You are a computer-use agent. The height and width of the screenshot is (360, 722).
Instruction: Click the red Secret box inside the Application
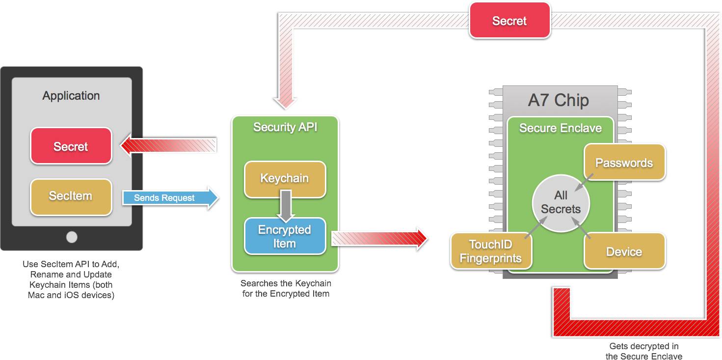71,146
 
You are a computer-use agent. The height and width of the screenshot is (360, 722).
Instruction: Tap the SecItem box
71,196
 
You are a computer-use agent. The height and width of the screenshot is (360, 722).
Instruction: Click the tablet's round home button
72,237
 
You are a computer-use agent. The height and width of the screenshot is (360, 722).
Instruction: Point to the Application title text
71,96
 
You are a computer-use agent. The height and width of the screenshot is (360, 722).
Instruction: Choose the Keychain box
285,179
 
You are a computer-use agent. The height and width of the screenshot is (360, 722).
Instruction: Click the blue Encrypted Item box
285,236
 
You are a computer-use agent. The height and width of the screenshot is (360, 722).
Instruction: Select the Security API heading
285,127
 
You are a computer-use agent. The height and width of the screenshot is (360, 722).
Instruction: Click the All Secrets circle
561,202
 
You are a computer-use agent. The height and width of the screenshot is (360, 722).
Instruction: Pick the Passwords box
624,163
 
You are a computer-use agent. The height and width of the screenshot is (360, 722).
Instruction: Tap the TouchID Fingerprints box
491,251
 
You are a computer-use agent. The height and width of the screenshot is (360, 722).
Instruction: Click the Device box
624,251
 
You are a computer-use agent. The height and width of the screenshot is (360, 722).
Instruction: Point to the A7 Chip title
559,100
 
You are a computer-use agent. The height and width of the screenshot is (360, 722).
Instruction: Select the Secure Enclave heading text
561,128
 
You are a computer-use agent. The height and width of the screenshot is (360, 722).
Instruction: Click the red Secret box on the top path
509,21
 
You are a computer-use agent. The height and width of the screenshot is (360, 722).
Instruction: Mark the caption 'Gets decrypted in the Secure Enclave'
643,351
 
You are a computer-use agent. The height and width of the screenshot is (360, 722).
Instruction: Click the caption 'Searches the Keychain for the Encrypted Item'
286,289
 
